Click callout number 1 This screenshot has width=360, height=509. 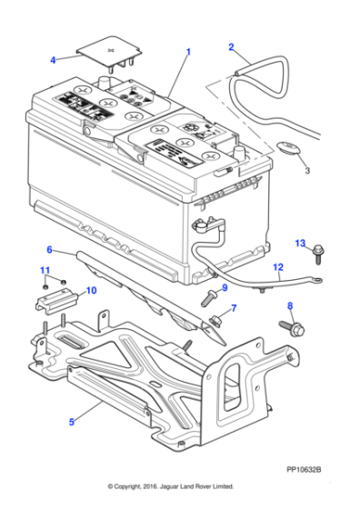pyautogui.click(x=188, y=52)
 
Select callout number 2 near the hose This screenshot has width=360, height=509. pyautogui.click(x=231, y=46)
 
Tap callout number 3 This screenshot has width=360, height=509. pyautogui.click(x=306, y=170)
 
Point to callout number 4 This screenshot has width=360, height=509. pyautogui.click(x=53, y=60)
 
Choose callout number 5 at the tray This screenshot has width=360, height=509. pyautogui.click(x=72, y=421)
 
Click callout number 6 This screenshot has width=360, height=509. pyautogui.click(x=49, y=249)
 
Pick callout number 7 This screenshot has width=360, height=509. pyautogui.click(x=234, y=308)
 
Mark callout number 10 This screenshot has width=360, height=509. pyautogui.click(x=90, y=291)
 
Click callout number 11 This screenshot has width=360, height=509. pyautogui.click(x=44, y=270)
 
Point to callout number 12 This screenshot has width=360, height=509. pyautogui.click(x=279, y=266)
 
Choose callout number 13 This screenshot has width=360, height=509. pyautogui.click(x=299, y=242)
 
